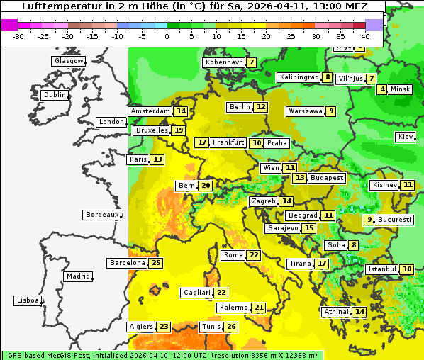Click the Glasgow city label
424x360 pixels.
point(69,61)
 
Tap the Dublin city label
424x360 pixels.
point(55,95)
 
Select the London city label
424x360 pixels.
point(111,122)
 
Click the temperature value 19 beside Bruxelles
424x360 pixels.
point(179,130)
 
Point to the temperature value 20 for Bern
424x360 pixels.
point(206,186)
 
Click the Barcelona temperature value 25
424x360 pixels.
point(157,263)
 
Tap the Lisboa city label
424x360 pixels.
point(28,300)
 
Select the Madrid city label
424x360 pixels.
point(77,276)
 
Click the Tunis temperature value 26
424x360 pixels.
point(231,327)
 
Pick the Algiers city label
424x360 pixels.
point(140,327)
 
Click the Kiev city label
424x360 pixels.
point(406,137)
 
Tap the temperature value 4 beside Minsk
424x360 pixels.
point(383,89)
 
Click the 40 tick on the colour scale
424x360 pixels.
point(365,35)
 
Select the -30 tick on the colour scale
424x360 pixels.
point(19,35)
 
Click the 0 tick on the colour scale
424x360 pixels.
point(167,35)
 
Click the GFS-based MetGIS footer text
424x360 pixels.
point(43,355)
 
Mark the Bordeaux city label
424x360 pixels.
point(101,215)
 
